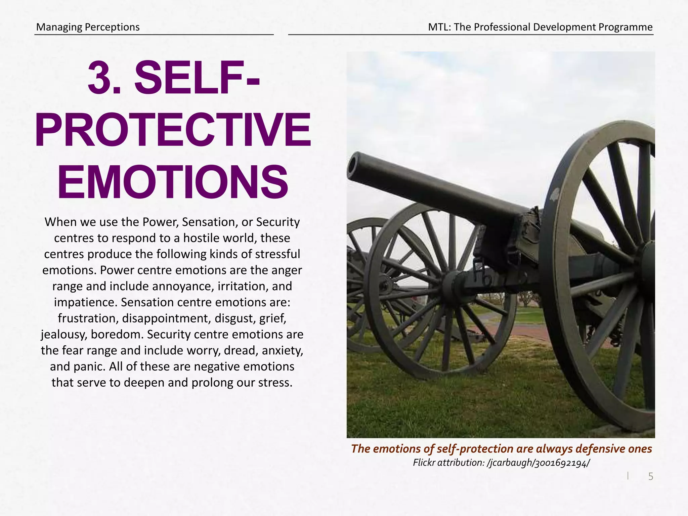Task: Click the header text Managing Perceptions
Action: coord(88,27)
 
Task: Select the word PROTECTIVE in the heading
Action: coord(173,130)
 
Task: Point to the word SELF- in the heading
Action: coord(197,78)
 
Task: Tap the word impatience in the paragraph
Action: coord(85,302)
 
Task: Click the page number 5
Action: coord(650,476)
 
